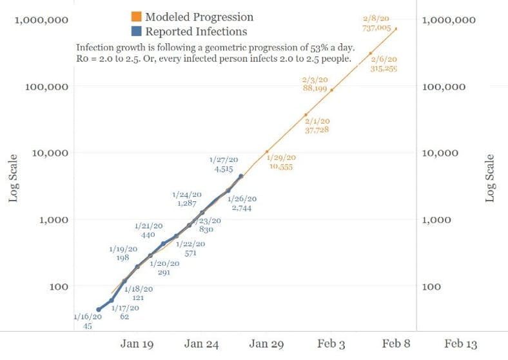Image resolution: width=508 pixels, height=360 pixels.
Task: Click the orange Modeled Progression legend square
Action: (136, 17)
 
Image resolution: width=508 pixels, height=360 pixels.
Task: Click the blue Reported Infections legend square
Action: (136, 31)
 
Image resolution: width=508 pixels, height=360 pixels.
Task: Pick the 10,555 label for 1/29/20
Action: (282, 166)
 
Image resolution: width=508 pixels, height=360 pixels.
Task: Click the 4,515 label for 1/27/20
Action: (224, 169)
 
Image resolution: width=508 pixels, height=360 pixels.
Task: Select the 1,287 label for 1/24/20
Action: (186, 203)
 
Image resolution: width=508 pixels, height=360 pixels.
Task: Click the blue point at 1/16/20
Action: (99, 310)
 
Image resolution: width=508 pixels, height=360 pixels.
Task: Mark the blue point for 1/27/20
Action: (241, 175)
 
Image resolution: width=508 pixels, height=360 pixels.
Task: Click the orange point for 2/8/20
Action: (396, 29)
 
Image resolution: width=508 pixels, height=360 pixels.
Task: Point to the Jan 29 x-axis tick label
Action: (266, 345)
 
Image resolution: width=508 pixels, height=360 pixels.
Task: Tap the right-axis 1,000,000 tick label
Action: (449, 20)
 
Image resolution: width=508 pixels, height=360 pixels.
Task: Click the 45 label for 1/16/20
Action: (88, 326)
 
